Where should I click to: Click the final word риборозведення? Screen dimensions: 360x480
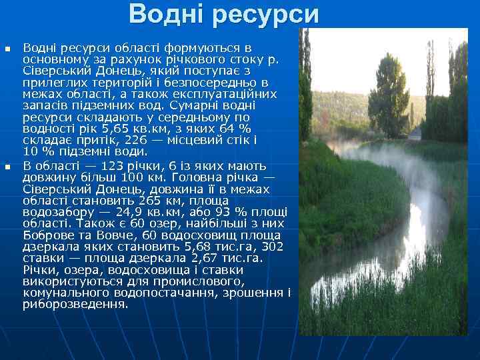click(x=75, y=305)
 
